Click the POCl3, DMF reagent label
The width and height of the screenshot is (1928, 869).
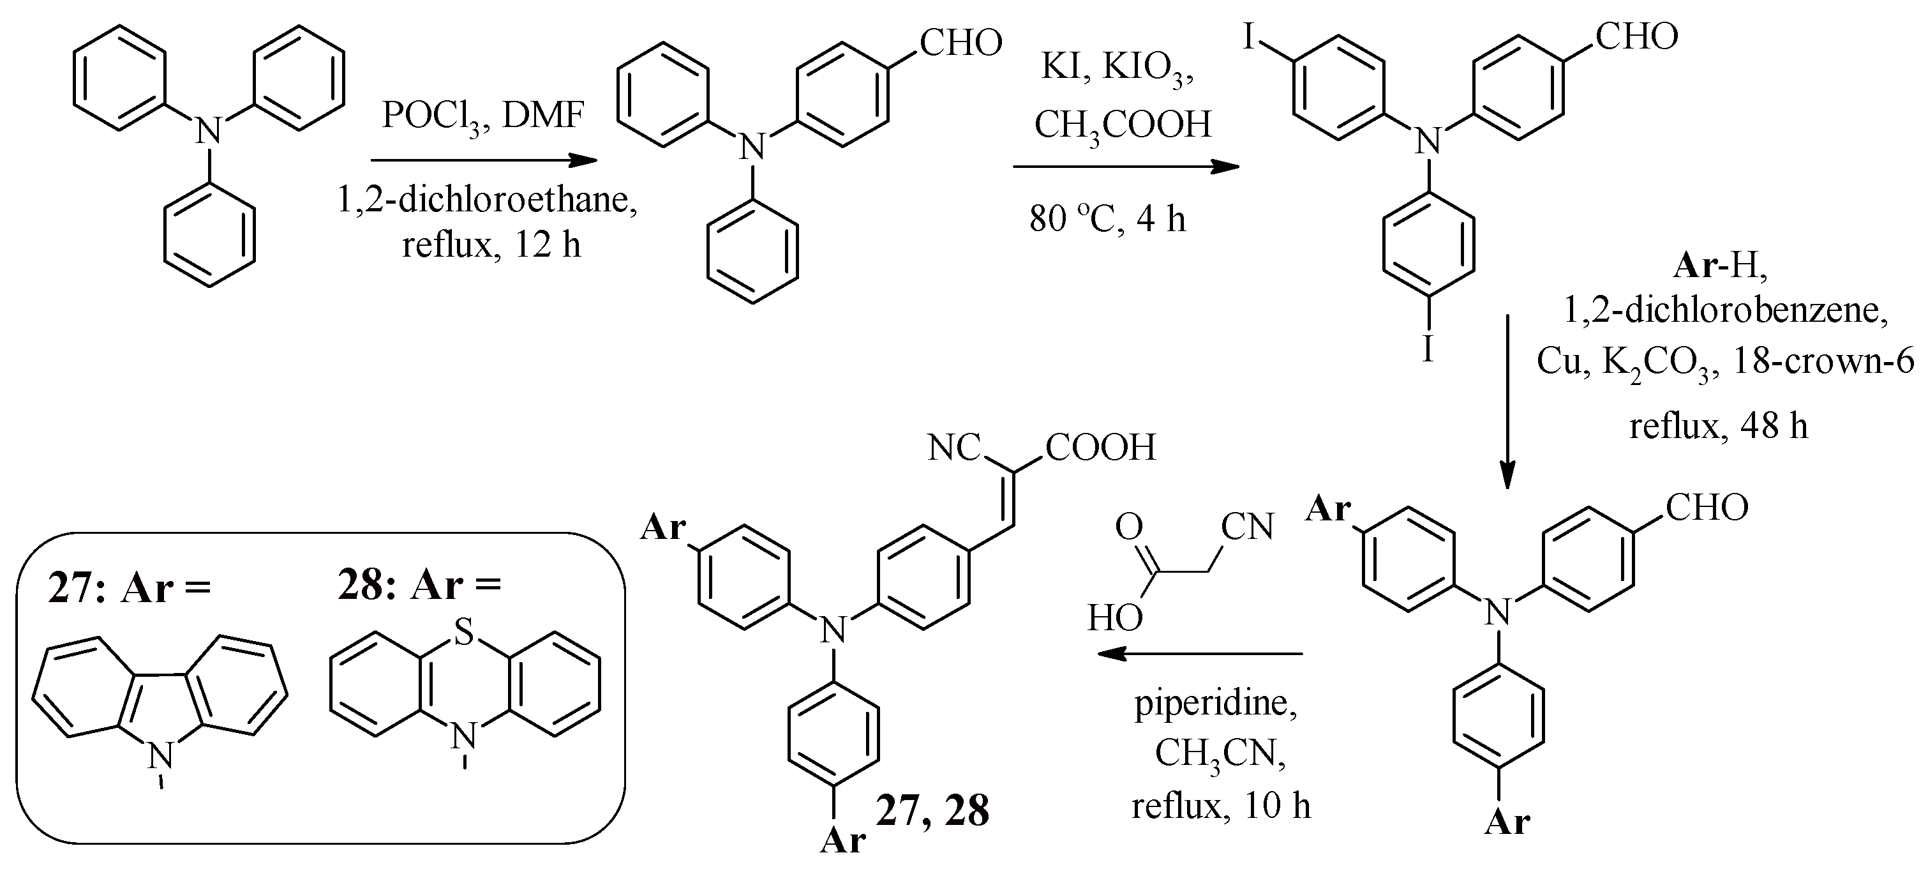pyautogui.click(x=482, y=117)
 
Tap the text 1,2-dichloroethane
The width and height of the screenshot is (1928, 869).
pyautogui.click(x=487, y=200)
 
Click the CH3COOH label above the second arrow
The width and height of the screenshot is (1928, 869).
pyautogui.click(x=1123, y=125)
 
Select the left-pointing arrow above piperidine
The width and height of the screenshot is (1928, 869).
pyautogui.click(x=1200, y=653)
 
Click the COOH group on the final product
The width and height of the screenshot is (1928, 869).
pyautogui.click(x=1101, y=448)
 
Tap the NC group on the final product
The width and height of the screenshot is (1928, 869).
pyautogui.click(x=953, y=448)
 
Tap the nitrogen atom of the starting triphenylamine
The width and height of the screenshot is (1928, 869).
pyautogui.click(x=209, y=133)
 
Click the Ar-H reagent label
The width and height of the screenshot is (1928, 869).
pyautogui.click(x=1721, y=266)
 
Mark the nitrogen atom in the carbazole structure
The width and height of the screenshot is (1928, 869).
pyautogui.click(x=160, y=756)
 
